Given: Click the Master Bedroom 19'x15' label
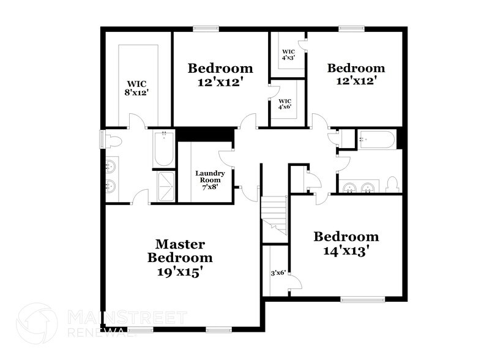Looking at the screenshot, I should (x=180, y=258).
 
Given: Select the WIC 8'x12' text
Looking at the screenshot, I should (x=137, y=88).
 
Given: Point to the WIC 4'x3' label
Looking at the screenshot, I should (x=288, y=54).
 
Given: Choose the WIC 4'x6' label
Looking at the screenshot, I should (x=285, y=103).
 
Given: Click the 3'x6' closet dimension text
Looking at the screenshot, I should (x=278, y=274).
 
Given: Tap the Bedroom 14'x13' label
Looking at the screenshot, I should (x=346, y=243).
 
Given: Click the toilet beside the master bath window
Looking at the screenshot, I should (x=114, y=141).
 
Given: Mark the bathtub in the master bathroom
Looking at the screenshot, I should (x=164, y=149).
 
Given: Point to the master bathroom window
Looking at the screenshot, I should (x=102, y=140).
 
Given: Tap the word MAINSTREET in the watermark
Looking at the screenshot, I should (x=125, y=317).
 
